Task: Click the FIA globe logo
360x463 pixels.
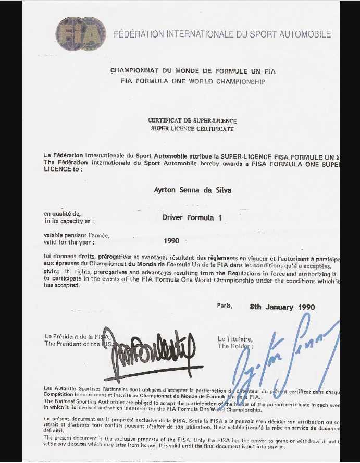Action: coord(81,34)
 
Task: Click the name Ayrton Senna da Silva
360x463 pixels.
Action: coord(192,190)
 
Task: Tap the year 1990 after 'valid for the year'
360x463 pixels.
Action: coord(171,241)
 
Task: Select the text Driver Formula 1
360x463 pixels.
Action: coord(192,217)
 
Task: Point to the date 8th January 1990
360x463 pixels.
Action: coord(282,307)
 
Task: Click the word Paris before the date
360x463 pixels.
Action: coord(225,306)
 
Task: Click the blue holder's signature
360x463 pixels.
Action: coord(281,355)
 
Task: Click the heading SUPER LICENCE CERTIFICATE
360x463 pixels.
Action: coord(192,129)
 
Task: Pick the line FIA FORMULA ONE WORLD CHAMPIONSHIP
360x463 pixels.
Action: coord(193,81)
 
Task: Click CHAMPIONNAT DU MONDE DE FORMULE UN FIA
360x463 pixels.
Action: coord(193,71)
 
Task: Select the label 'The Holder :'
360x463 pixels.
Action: coord(235,346)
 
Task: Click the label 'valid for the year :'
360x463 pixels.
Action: coord(69,242)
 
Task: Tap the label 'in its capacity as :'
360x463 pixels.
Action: coord(69,221)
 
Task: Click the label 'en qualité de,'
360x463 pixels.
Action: coord(63,214)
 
